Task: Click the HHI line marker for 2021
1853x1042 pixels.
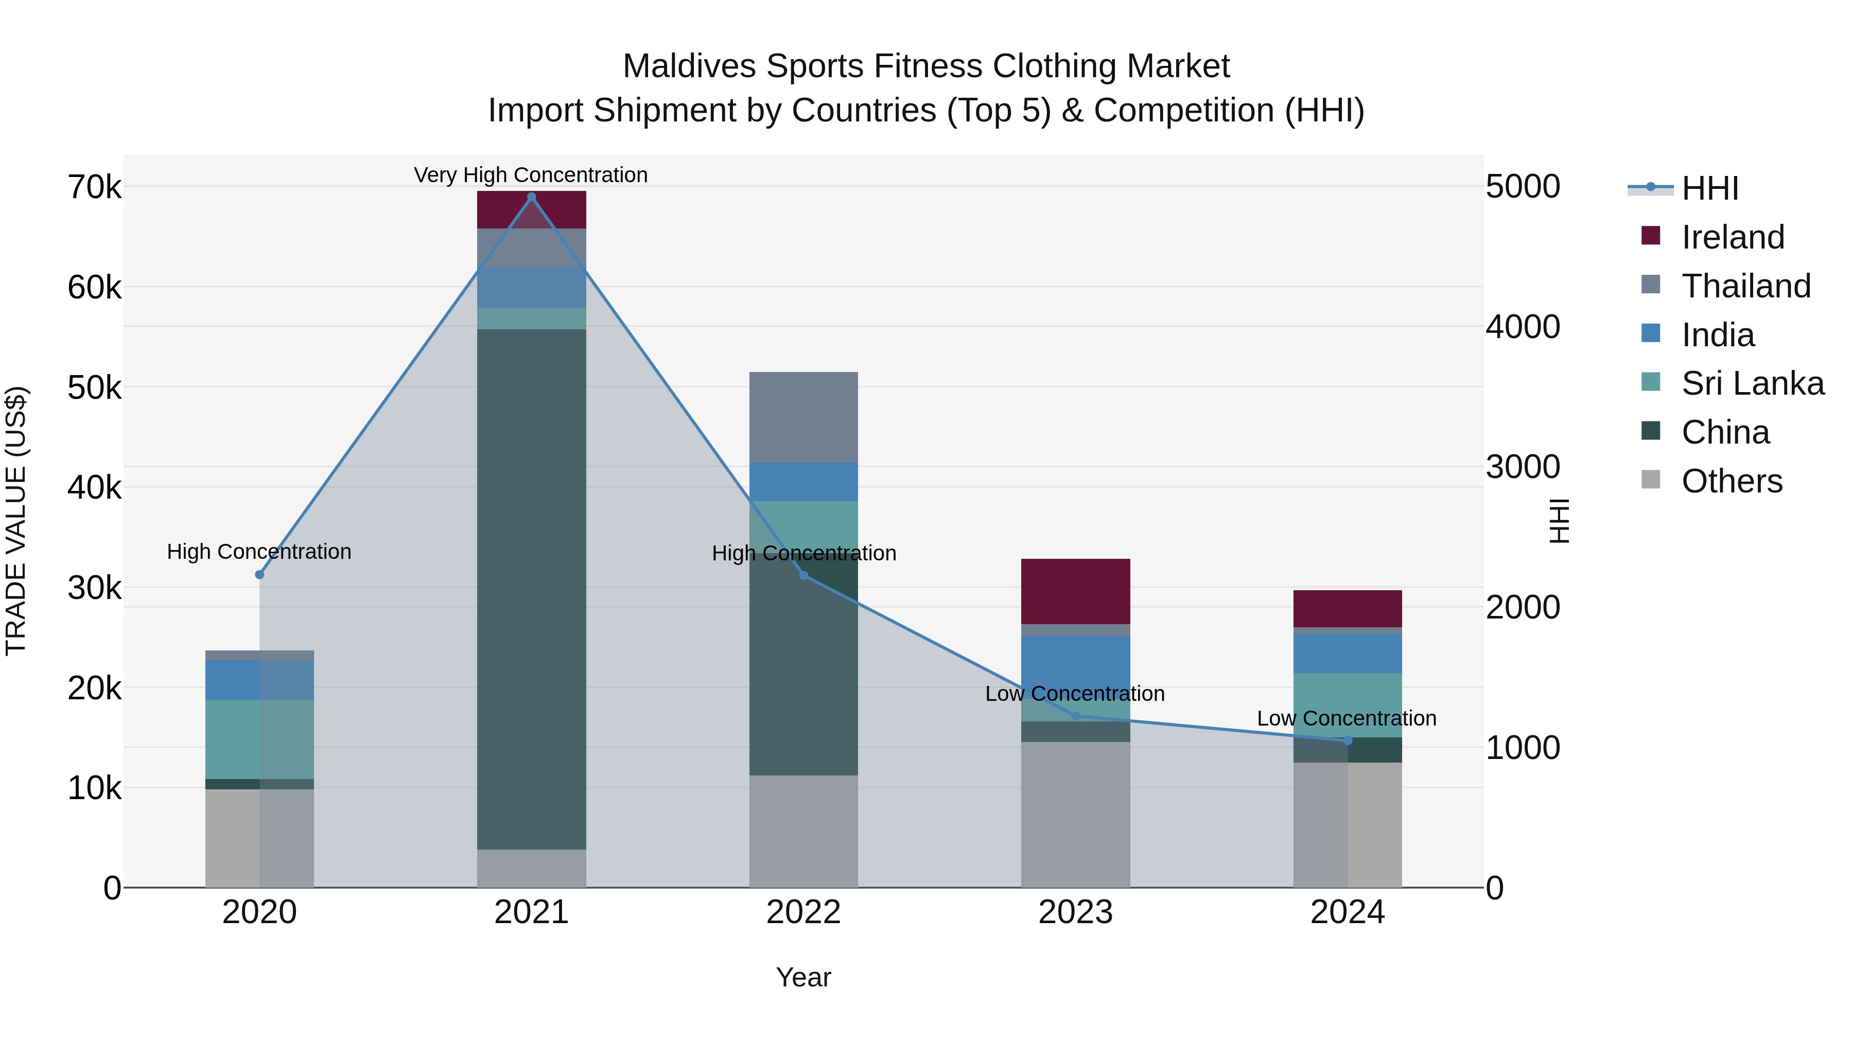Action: [532, 197]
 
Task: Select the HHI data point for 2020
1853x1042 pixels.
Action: [260, 575]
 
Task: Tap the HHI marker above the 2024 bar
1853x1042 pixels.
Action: [1348, 740]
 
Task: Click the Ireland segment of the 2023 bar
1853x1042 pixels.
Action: [1075, 591]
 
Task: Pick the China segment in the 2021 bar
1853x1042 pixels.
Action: [532, 590]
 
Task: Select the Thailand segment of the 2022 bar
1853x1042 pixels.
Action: [803, 417]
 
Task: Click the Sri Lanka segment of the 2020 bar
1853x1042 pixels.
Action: [260, 739]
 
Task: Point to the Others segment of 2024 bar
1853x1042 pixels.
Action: [1348, 825]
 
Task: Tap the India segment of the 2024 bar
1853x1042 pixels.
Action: [1348, 653]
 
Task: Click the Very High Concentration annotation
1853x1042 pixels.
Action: [531, 175]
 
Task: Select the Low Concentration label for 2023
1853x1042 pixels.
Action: [1075, 694]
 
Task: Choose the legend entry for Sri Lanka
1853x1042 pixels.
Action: [1752, 384]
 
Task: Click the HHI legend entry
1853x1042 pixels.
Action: [1709, 188]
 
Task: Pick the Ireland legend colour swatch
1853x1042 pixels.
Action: [1650, 236]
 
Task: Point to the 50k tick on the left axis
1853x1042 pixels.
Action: [94, 388]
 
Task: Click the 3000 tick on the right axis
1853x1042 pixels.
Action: [1523, 467]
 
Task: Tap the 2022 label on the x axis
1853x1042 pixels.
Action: [803, 912]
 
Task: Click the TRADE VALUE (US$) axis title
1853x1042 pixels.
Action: [16, 521]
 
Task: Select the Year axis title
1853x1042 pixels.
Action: [803, 977]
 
